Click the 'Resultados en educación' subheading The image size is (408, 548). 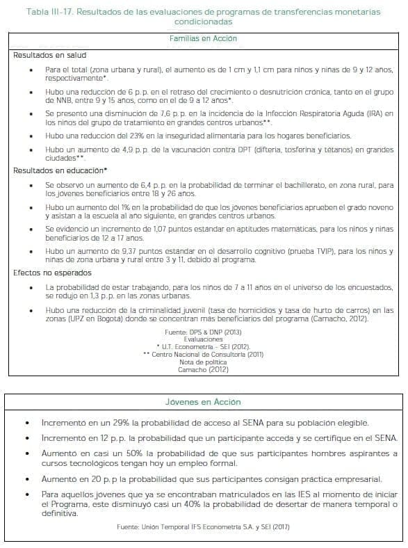click(x=60, y=170)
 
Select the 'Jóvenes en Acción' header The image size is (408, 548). click(x=204, y=402)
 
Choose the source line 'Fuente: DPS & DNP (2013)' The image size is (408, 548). click(x=204, y=333)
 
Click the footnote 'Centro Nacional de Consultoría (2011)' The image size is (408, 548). click(x=204, y=355)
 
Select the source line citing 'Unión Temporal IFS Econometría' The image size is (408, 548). click(x=204, y=528)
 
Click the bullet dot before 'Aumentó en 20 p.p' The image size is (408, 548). click(x=26, y=480)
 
